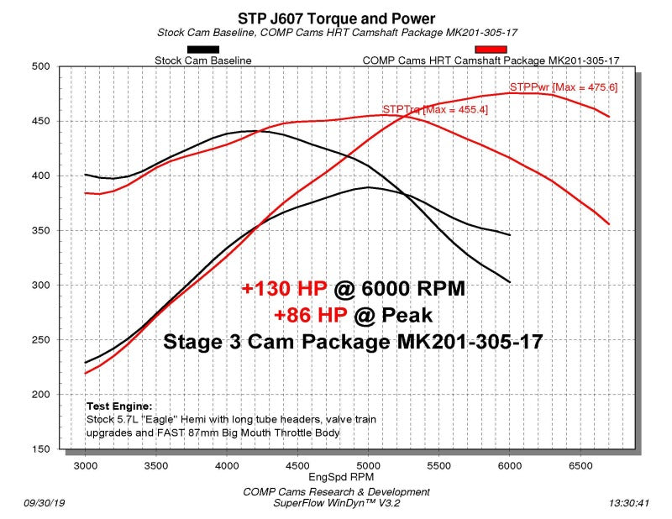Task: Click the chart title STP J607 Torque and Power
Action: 336,18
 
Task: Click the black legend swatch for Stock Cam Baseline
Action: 202,50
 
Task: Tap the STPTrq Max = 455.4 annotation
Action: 434,109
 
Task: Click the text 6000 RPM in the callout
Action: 412,289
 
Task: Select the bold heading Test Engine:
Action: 119,405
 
